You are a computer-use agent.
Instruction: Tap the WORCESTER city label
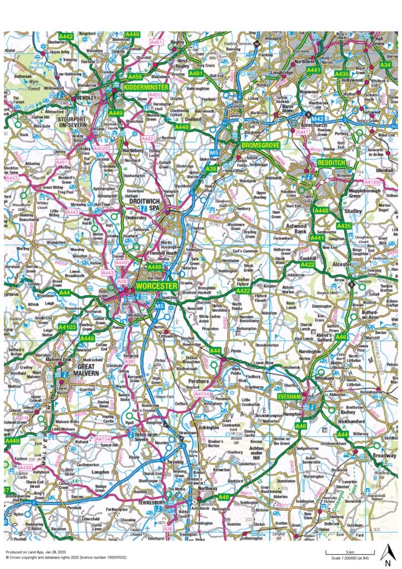156,286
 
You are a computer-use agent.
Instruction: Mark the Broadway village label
385,455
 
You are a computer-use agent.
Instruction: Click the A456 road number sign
135,76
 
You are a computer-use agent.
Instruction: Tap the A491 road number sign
196,73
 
